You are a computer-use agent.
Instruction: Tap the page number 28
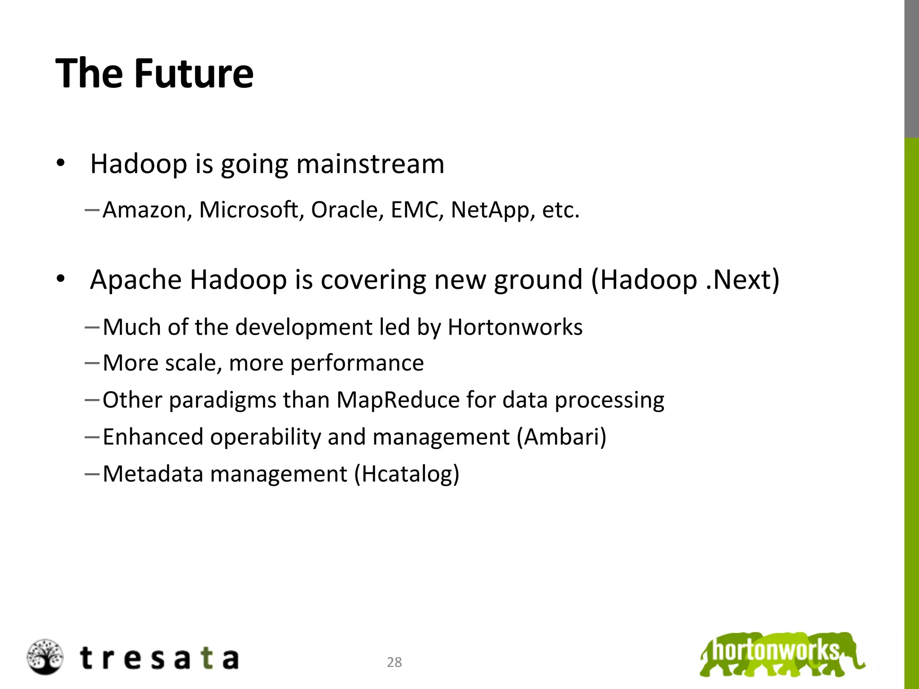tap(394, 662)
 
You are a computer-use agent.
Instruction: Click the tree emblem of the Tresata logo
tap(44, 657)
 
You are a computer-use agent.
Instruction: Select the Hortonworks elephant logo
tap(782, 654)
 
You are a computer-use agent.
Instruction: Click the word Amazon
tap(144, 210)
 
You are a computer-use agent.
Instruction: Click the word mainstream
tap(370, 164)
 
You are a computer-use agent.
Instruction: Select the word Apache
tap(136, 279)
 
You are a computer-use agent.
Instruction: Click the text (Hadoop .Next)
tap(685, 279)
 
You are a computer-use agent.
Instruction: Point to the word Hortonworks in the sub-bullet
tap(515, 327)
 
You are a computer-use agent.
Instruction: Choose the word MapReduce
tap(398, 400)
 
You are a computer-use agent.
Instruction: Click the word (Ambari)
tap(561, 436)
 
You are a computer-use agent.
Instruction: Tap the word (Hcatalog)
tap(407, 474)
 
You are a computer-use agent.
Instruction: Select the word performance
tap(357, 363)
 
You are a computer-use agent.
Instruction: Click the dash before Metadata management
tap(92, 473)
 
